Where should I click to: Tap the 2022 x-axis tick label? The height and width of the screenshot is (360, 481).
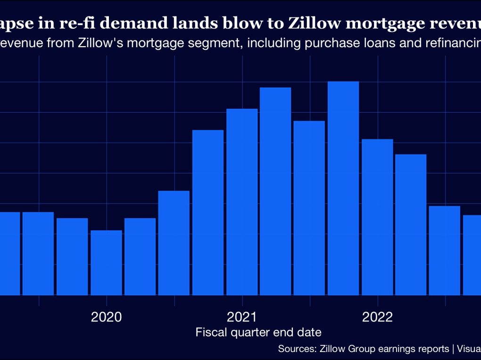377,317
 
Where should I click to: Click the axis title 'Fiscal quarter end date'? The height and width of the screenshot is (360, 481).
258,332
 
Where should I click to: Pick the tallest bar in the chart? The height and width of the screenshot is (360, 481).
343,188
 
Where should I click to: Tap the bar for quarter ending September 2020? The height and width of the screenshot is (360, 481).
208,212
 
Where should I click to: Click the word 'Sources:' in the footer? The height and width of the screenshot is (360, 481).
297,349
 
